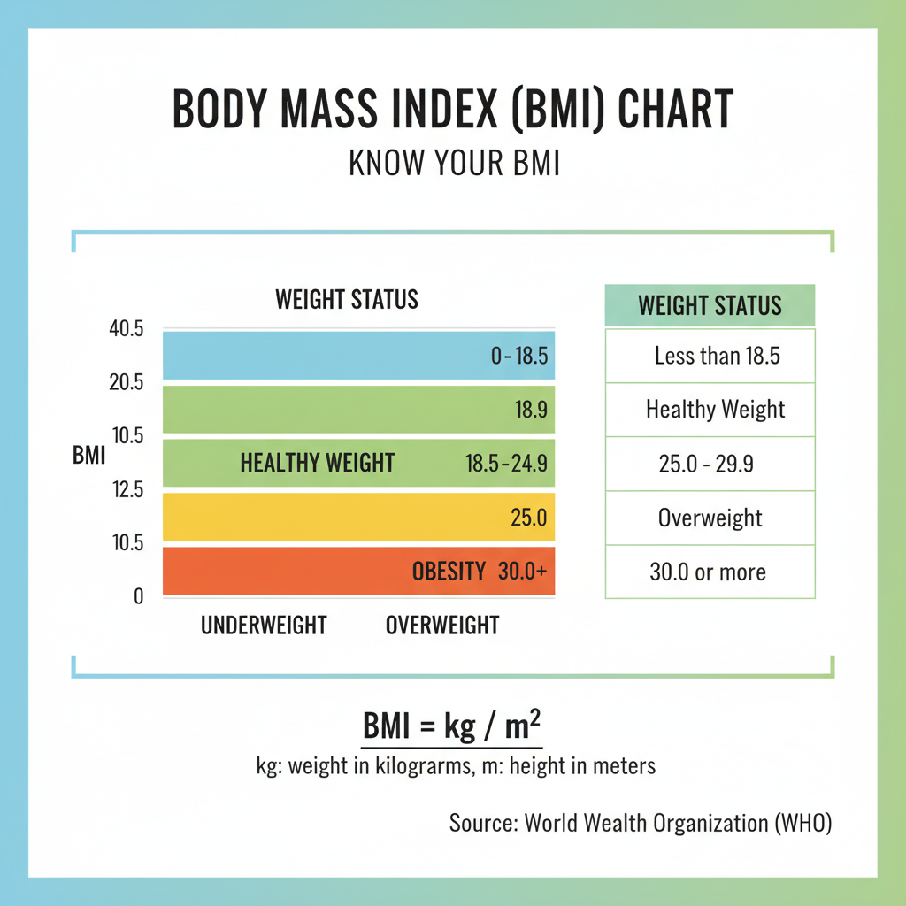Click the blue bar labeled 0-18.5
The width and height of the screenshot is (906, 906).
358,356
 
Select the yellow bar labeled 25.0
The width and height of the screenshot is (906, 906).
358,517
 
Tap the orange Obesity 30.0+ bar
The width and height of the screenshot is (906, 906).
358,571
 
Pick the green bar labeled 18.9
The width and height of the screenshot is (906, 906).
358,410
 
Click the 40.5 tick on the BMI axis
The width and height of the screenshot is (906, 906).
125,329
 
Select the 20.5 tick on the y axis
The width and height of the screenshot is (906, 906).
125,382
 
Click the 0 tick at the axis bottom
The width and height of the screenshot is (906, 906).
137,596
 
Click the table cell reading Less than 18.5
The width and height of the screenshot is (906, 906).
710,356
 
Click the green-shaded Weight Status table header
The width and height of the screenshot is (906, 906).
710,306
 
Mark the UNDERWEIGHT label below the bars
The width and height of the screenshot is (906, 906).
264,626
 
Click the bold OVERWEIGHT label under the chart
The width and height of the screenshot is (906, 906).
441,626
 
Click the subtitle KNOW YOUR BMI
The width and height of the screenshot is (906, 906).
454,165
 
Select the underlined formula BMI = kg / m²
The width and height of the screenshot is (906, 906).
452,729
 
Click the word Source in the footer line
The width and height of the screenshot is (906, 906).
481,823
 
